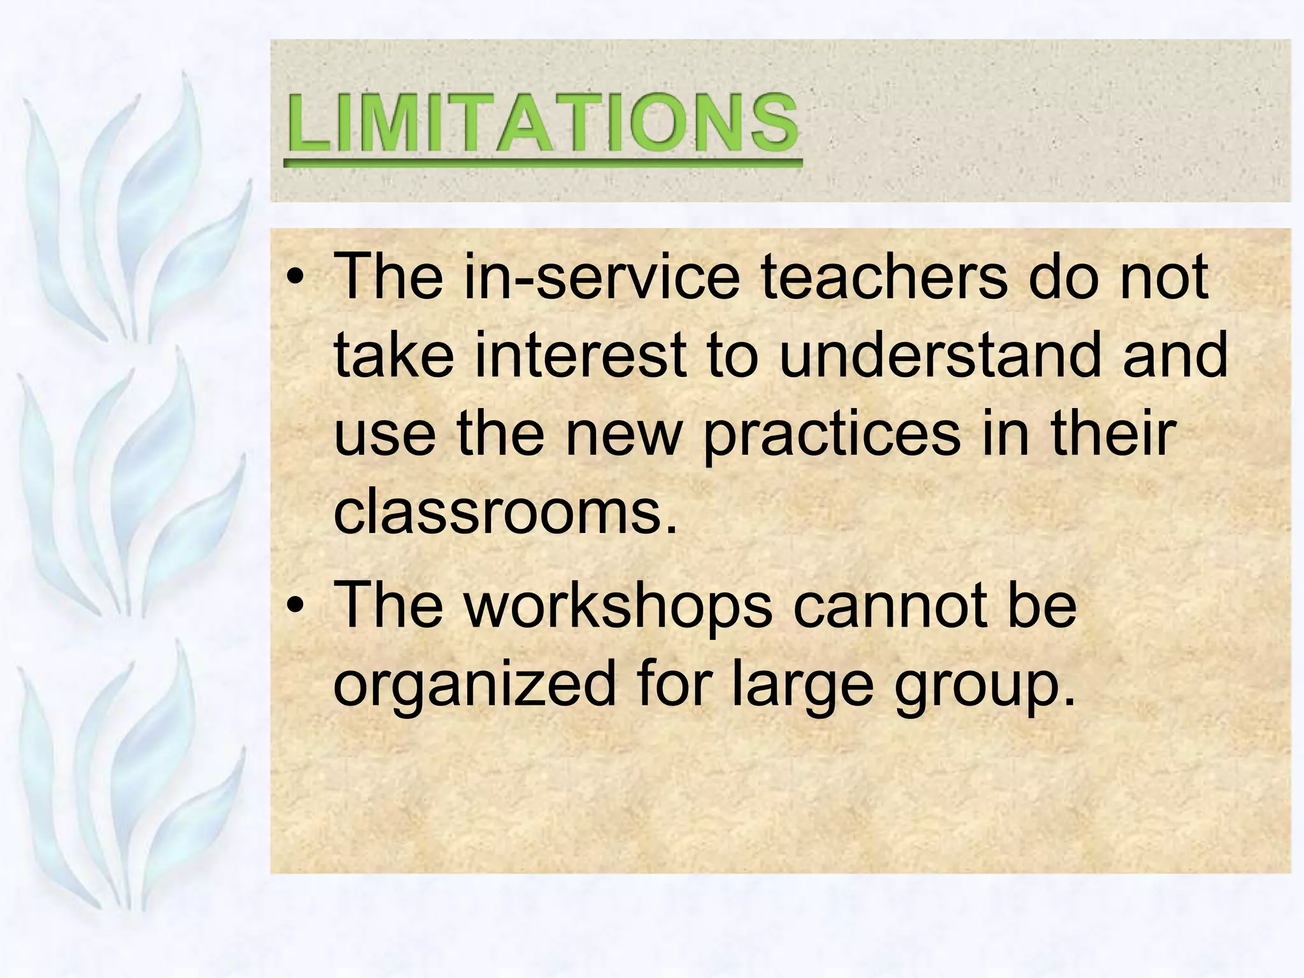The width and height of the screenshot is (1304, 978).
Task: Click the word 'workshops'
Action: point(618,605)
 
